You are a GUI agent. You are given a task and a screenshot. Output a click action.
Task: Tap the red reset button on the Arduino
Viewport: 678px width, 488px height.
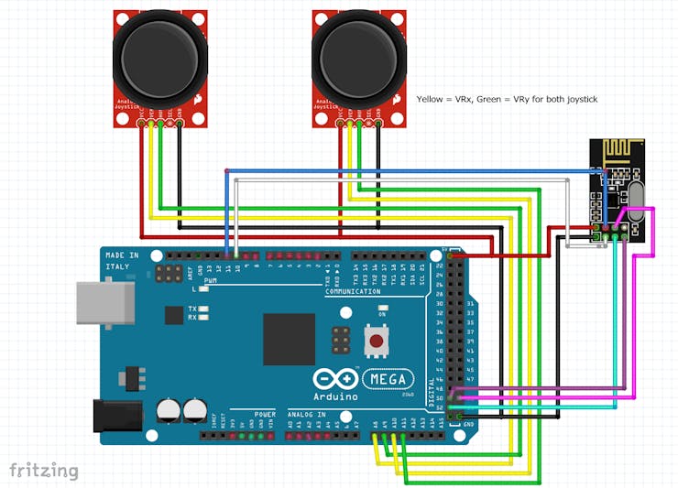click(x=375, y=342)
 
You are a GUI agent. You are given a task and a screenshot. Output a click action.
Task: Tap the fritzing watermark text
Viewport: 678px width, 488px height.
click(x=44, y=471)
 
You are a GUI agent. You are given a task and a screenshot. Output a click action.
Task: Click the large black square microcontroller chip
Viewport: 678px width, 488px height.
click(x=289, y=339)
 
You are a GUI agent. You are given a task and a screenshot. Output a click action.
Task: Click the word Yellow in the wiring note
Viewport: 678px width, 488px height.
click(x=431, y=98)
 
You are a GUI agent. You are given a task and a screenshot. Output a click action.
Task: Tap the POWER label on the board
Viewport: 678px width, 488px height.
click(x=264, y=413)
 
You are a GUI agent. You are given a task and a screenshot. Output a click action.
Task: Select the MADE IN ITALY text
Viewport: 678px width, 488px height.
click(x=121, y=260)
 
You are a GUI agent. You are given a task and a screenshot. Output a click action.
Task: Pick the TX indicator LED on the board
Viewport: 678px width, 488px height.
click(x=202, y=309)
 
